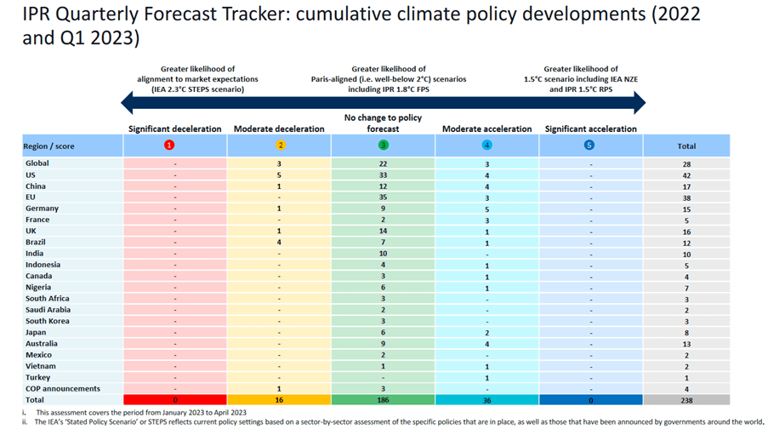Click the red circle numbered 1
174,146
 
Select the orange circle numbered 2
279,146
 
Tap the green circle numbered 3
383,146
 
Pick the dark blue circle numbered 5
589,146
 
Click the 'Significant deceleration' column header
174,129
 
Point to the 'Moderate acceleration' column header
486,129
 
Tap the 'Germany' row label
42,209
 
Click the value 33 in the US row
383,174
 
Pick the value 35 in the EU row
383,197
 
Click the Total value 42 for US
686,174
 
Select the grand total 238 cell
686,400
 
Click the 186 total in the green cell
383,400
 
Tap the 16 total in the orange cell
279,400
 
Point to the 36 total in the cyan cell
486,400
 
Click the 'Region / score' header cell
49,146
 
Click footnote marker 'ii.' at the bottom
26,421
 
